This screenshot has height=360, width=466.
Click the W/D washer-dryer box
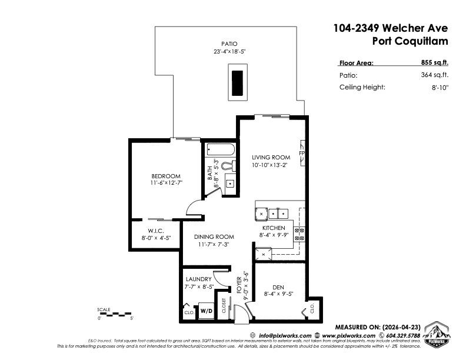coord(207,311)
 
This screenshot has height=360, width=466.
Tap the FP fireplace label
coord(302,154)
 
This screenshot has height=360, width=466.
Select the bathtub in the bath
coord(221,149)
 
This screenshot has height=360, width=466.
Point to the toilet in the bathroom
coord(229,166)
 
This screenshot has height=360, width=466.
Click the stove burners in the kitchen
coord(299,234)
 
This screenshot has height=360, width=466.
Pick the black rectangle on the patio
coord(238,83)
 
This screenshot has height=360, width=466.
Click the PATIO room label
coord(229,44)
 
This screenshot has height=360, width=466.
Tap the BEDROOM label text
coord(166,176)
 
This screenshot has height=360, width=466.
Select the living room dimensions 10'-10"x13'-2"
coord(269,165)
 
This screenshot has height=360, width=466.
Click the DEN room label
coord(278,287)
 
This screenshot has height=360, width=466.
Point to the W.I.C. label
coord(156,231)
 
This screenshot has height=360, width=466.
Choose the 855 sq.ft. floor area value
coord(434,62)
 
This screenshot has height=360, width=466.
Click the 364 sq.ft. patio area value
coord(434,75)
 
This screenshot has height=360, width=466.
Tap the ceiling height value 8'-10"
coord(440,88)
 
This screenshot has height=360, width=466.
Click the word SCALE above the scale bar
coord(104,309)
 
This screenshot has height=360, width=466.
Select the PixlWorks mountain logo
coord(437,334)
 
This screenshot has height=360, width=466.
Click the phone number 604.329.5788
coord(403,336)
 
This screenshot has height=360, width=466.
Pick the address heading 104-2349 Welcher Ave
coord(391,28)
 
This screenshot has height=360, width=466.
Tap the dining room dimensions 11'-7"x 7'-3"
coord(214,245)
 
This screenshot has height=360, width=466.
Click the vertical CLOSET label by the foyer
coord(224,306)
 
